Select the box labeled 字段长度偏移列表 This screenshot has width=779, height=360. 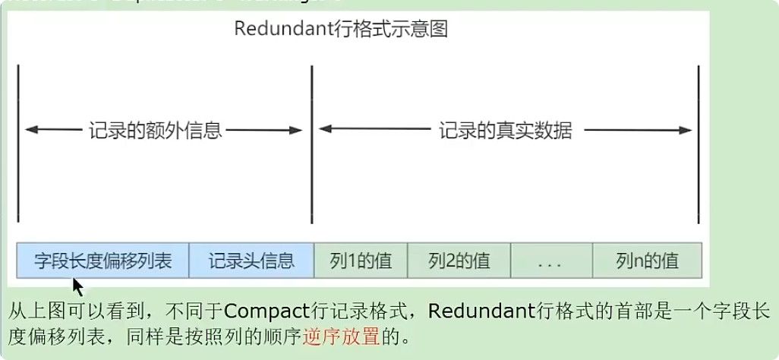[102, 261]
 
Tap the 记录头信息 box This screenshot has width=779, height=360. [251, 261]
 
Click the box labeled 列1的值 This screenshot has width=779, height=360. [361, 261]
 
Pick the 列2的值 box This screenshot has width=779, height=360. [459, 261]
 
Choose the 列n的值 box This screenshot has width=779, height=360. [647, 261]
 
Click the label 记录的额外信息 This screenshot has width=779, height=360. [155, 131]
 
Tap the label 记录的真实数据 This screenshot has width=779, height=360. [505, 131]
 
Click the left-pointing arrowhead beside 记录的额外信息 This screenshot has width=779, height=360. [30, 131]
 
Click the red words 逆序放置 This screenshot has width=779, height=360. [340, 336]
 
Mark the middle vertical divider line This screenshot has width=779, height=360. [311, 144]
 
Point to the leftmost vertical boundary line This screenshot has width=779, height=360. [17, 144]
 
